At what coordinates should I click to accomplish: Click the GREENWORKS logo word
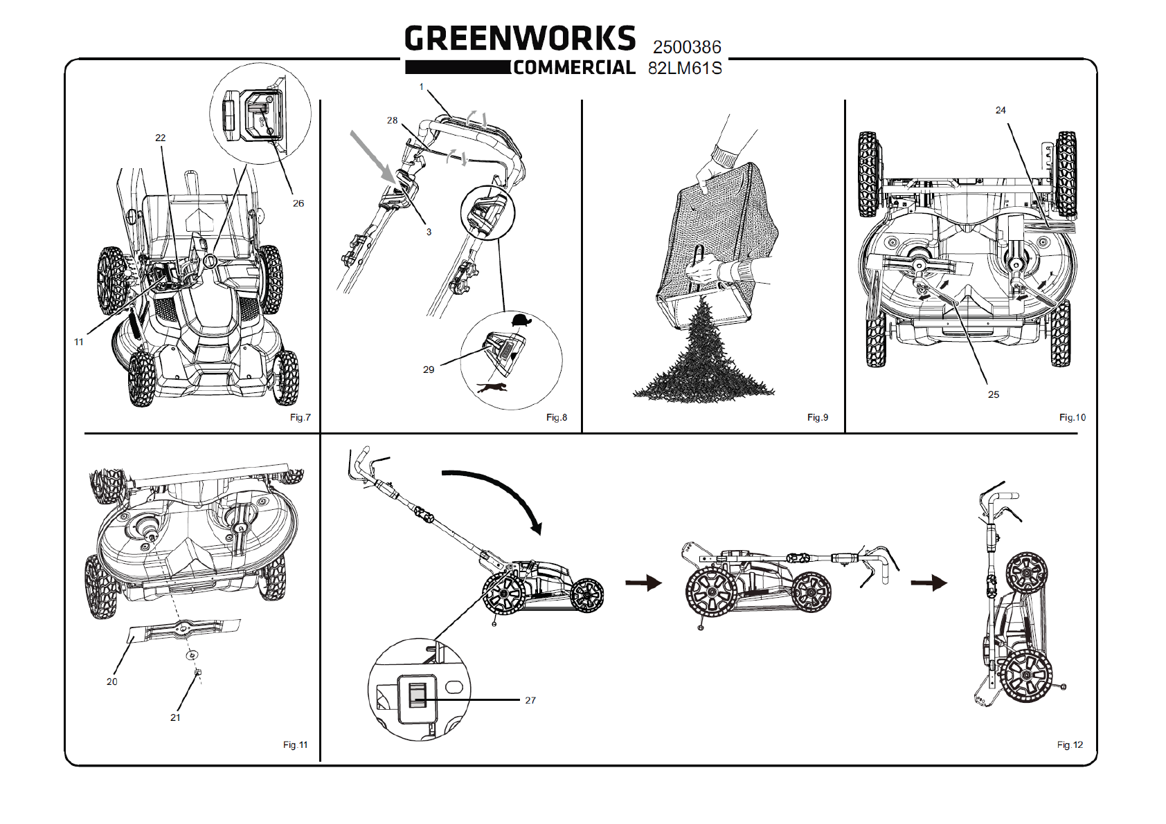520,38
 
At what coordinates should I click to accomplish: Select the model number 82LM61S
685,68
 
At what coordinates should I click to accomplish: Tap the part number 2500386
687,47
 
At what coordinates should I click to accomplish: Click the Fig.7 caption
301,417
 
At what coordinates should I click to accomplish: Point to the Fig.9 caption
818,417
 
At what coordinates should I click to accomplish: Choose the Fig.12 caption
1070,745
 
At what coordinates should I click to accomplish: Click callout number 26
298,203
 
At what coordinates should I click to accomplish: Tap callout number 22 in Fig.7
161,138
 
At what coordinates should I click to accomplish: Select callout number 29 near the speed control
429,369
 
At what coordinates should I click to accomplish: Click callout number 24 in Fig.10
1001,110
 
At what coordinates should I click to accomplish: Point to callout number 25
994,395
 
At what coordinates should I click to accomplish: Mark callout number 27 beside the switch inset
530,700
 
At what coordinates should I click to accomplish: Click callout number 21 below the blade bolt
175,717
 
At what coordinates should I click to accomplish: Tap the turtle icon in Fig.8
521,320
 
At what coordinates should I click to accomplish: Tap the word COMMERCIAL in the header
574,68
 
